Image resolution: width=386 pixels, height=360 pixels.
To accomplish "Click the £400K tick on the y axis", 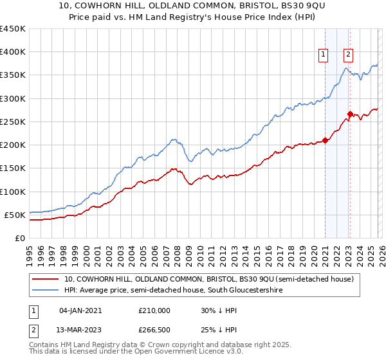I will coord(13,52).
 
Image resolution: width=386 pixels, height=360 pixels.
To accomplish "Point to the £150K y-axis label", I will coord(13,168).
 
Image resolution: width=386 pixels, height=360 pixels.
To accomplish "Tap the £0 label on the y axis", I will coord(19,238).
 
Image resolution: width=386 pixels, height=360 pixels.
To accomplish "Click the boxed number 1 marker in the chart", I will coord(323,55).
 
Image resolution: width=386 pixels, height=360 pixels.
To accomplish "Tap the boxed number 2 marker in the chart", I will coord(348,55).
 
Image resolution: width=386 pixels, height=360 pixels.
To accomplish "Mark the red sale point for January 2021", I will coord(325,140).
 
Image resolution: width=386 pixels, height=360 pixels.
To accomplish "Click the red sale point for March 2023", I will coord(349,114).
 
